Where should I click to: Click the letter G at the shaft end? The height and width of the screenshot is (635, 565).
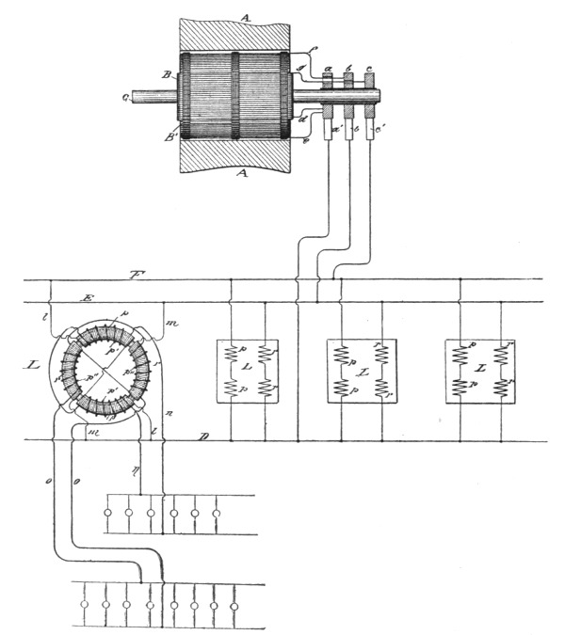click(125, 95)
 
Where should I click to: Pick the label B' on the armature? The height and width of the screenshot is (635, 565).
click(170, 138)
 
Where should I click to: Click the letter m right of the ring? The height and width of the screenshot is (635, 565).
click(172, 324)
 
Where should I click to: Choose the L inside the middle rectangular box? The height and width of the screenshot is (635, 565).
click(361, 373)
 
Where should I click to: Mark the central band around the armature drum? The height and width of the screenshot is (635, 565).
click(234, 94)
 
